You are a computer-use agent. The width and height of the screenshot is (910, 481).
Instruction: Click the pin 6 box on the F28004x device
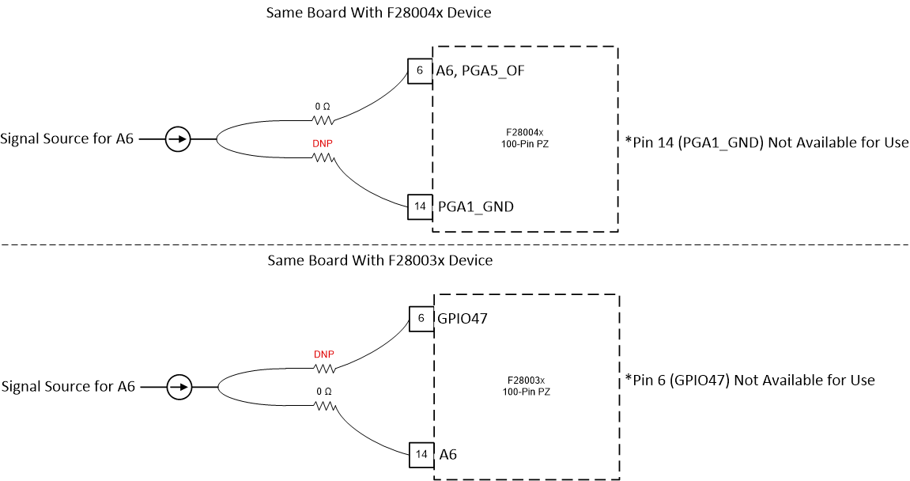pos(420,70)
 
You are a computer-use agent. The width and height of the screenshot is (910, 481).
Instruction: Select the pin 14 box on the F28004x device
pos(420,206)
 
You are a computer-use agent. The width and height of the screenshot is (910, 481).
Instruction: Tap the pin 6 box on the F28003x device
pos(421,318)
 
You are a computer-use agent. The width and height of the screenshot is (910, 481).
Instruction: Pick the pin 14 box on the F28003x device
pos(421,454)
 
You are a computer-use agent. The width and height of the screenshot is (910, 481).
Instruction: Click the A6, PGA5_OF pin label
pos(481,71)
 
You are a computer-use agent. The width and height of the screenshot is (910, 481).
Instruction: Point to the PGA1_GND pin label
pos(475,207)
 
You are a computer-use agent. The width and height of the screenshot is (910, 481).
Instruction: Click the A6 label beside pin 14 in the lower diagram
pos(448,455)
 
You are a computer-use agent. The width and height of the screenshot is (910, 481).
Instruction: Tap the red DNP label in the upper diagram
pos(321,146)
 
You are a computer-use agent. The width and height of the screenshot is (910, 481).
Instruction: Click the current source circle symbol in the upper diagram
pos(178,140)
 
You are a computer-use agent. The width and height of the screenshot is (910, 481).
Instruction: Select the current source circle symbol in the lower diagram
pos(179,387)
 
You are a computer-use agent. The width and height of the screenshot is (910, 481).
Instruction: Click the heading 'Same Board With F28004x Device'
pos(379,13)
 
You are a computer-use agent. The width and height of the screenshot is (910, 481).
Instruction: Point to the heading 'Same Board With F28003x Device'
pos(380,260)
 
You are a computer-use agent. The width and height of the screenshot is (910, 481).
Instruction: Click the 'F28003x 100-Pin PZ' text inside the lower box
pos(525,385)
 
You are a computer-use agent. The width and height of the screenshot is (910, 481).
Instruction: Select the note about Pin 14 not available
pos(766,143)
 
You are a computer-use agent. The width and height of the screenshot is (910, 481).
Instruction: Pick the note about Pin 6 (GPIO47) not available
pos(750,381)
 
